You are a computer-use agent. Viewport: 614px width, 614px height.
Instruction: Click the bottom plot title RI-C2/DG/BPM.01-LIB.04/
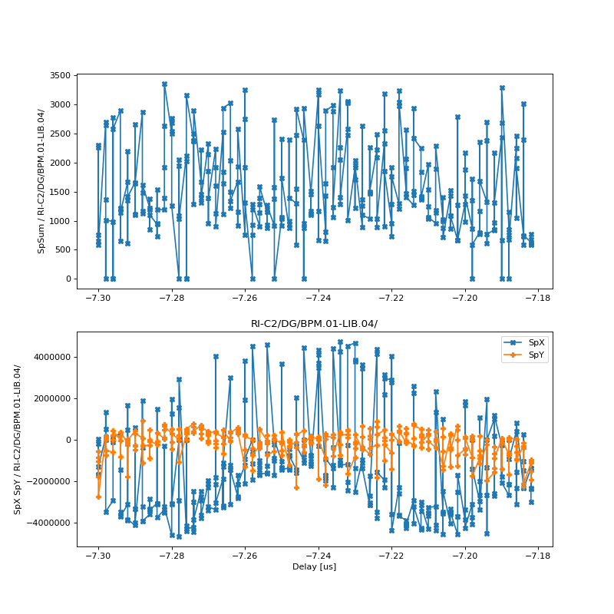pos(314,324)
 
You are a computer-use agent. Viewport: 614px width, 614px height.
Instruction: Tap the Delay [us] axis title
pos(314,566)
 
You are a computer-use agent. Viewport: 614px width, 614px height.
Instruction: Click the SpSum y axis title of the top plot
pos(41,181)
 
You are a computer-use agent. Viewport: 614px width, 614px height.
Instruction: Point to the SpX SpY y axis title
pos(17,439)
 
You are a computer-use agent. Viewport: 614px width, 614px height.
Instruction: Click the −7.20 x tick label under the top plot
pos(464,298)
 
